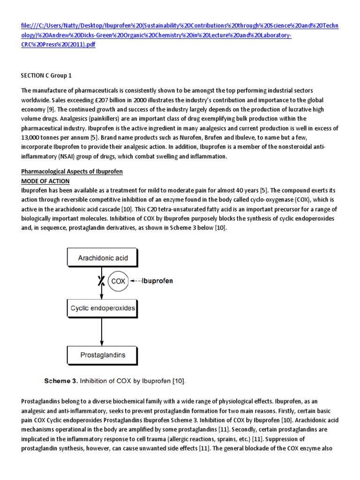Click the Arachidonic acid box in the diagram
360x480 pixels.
pyautogui.click(x=103, y=258)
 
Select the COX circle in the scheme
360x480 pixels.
pyautogui.click(x=117, y=281)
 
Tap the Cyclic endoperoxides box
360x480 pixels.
pyautogui.click(x=103, y=308)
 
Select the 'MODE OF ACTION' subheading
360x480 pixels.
pyautogui.click(x=45, y=180)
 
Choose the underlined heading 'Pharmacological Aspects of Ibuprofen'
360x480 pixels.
pyautogui.click(x=72, y=172)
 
